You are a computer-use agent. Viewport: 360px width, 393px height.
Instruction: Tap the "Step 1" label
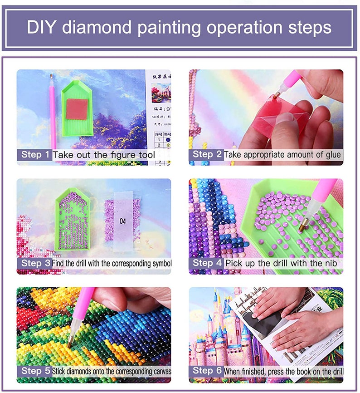(x=35, y=155)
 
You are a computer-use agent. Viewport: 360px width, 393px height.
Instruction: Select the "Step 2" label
(x=207, y=154)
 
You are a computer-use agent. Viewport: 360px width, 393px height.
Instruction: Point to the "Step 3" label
(x=35, y=263)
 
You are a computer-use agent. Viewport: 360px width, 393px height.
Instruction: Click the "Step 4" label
(x=207, y=263)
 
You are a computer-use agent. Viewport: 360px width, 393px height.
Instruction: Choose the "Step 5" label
(x=35, y=371)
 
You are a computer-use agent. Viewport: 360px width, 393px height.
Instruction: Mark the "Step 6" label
(x=207, y=371)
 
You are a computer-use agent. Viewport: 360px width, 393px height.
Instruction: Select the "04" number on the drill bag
(x=122, y=221)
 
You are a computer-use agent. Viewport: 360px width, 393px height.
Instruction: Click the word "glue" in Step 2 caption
(x=331, y=155)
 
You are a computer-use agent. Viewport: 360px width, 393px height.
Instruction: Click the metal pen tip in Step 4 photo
(x=305, y=224)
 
